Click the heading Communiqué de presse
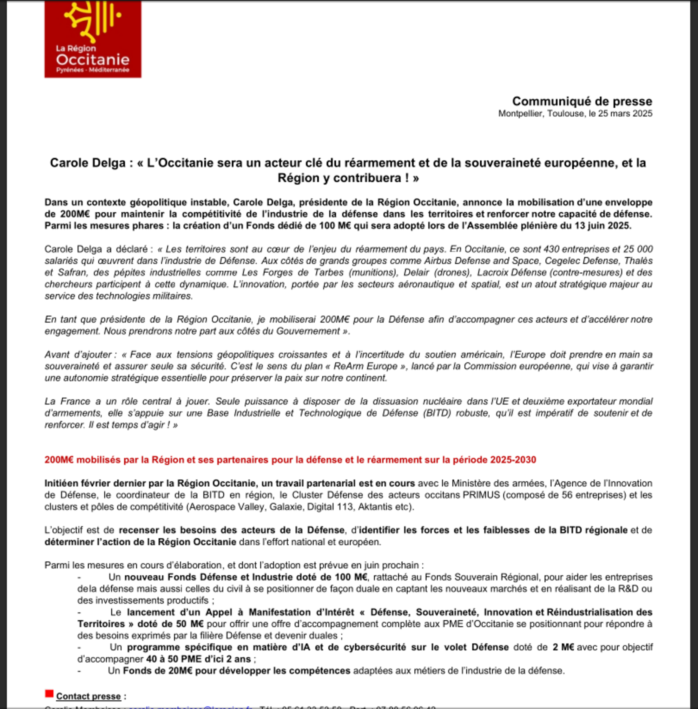(x=582, y=101)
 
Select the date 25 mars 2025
(x=625, y=114)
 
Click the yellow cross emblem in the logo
(x=92, y=20)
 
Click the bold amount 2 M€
(x=563, y=647)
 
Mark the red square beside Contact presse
(x=49, y=693)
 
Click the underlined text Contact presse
(x=88, y=697)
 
